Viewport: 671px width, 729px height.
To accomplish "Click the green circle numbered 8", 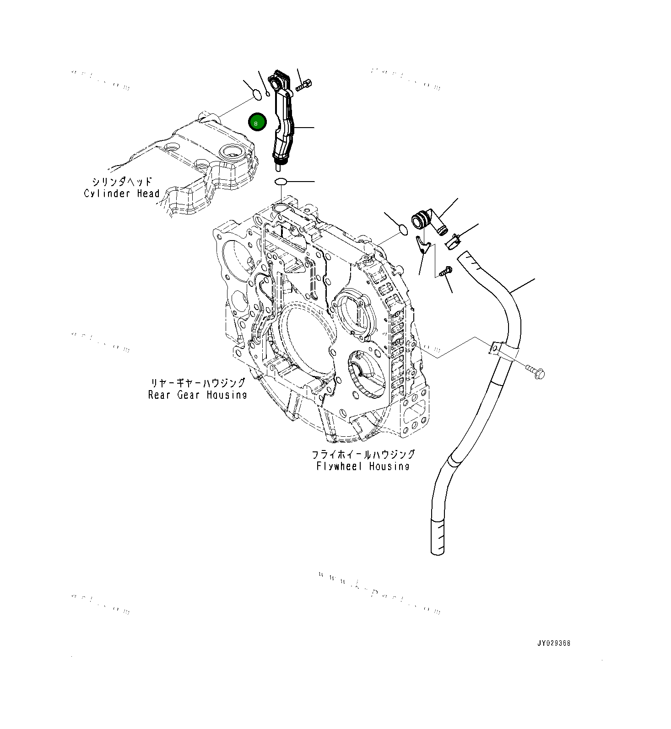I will tap(257, 122).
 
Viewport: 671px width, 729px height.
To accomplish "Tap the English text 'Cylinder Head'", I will tap(122, 193).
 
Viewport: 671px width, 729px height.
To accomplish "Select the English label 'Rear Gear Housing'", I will tap(197, 395).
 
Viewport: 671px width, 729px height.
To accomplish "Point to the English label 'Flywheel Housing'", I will tap(363, 466).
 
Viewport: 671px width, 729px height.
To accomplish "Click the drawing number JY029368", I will tap(554, 643).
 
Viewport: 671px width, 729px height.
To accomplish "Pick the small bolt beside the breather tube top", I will tap(303, 85).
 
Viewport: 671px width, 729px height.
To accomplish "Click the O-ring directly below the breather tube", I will tap(281, 182).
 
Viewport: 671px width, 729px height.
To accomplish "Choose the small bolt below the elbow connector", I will tap(445, 271).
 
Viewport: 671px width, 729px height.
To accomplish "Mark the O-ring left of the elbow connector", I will tap(403, 230).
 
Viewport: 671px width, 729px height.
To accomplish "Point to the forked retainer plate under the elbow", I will tap(423, 244).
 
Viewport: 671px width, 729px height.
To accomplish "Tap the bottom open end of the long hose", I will tap(438, 551).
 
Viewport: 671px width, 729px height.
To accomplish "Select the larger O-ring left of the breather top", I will tap(257, 96).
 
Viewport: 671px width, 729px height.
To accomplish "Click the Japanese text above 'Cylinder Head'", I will tap(122, 182).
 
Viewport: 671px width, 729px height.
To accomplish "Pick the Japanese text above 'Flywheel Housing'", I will tap(363, 454).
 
